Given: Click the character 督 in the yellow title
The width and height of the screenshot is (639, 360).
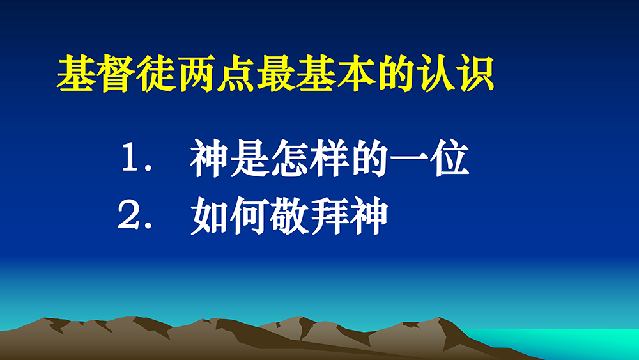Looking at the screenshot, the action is pos(116,74).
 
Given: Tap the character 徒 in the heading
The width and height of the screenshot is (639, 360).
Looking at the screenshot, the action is pos(157,74).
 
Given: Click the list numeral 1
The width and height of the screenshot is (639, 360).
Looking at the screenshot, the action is pos(132,159).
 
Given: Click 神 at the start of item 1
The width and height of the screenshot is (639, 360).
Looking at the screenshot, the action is pos(208,158).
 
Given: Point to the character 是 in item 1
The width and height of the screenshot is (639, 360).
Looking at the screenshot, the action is pos(249,158).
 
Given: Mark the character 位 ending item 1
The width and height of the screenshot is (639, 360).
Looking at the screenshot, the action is pos(450,158).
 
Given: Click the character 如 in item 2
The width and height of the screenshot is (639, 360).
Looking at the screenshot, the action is pos(209,215).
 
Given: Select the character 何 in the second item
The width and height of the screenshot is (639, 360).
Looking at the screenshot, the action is pos(249,215).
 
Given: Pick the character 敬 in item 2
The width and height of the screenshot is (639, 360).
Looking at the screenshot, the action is pos(289,215).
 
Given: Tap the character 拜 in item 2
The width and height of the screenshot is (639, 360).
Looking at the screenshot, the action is pos(328,215).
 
